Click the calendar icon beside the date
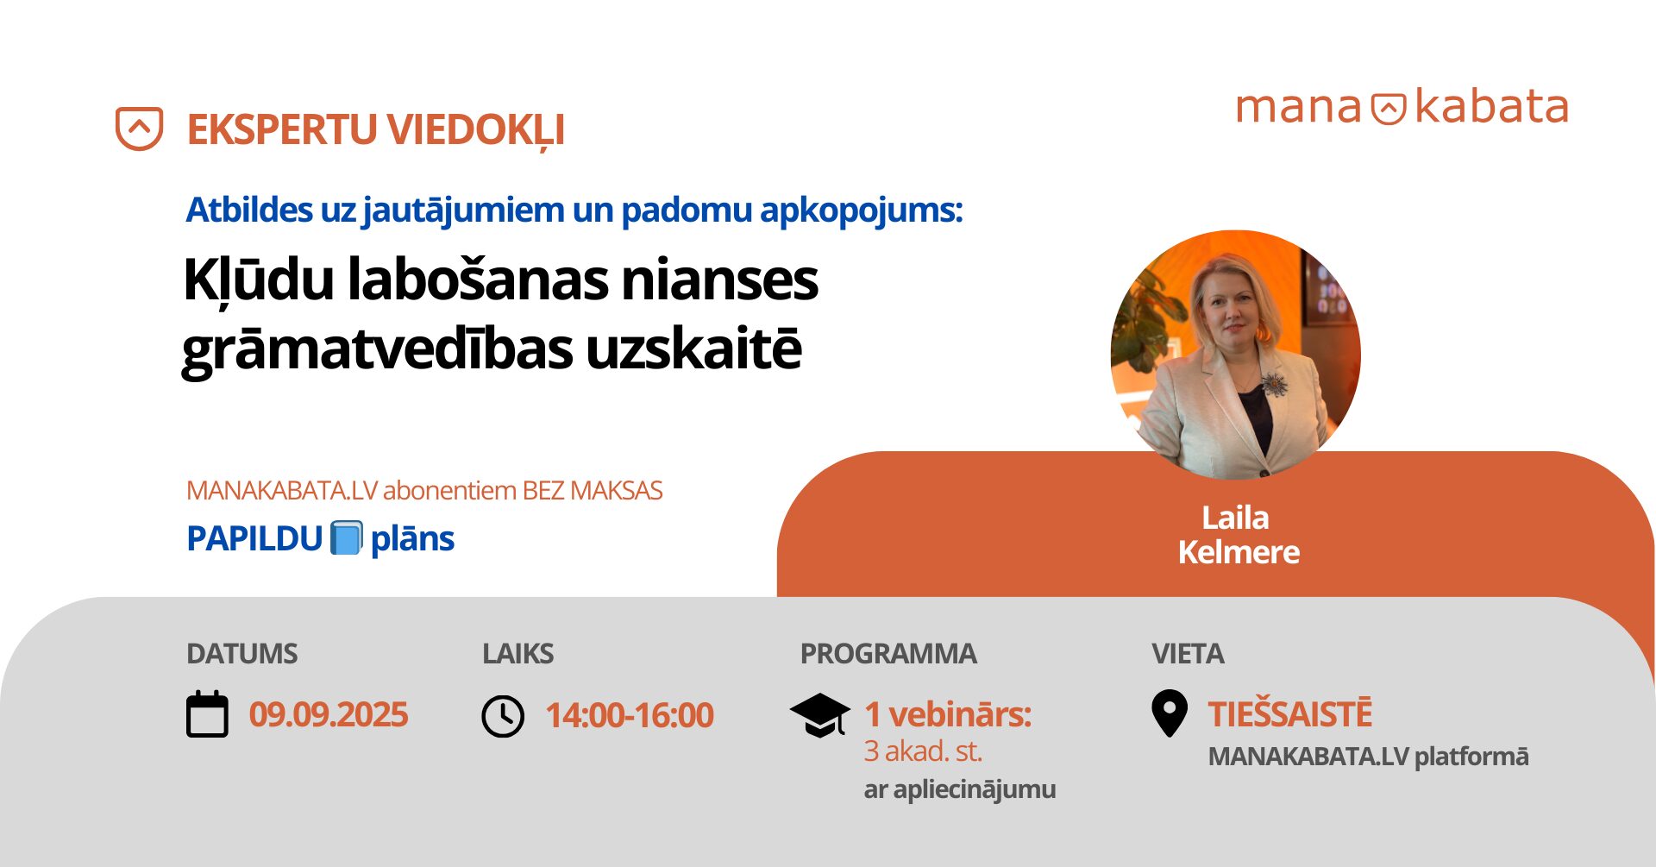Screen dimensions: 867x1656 click(x=207, y=714)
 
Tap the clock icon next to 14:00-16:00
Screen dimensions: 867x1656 click(x=503, y=716)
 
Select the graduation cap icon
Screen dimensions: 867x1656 click(x=819, y=715)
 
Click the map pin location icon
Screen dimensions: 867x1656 click(x=1170, y=713)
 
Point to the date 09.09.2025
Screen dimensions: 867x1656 click(x=329, y=715)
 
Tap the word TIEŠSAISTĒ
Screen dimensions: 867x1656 click(x=1289, y=714)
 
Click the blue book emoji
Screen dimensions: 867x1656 click(x=347, y=538)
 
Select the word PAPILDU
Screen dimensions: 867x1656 click(x=254, y=539)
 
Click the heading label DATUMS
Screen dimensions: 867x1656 click(x=242, y=654)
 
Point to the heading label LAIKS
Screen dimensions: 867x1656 click(x=517, y=654)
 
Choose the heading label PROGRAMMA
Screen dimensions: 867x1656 click(x=888, y=654)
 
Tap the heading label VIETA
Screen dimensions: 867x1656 click(x=1188, y=654)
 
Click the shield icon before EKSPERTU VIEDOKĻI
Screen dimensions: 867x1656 click(x=140, y=129)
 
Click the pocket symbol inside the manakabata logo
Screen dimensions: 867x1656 click(x=1389, y=109)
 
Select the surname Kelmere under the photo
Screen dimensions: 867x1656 click(x=1239, y=552)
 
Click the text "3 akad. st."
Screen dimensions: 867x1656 click(x=923, y=751)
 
